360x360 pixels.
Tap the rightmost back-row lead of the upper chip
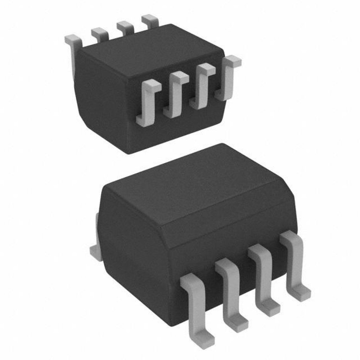[150, 20]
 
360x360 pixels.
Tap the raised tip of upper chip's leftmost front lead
[153, 85]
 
